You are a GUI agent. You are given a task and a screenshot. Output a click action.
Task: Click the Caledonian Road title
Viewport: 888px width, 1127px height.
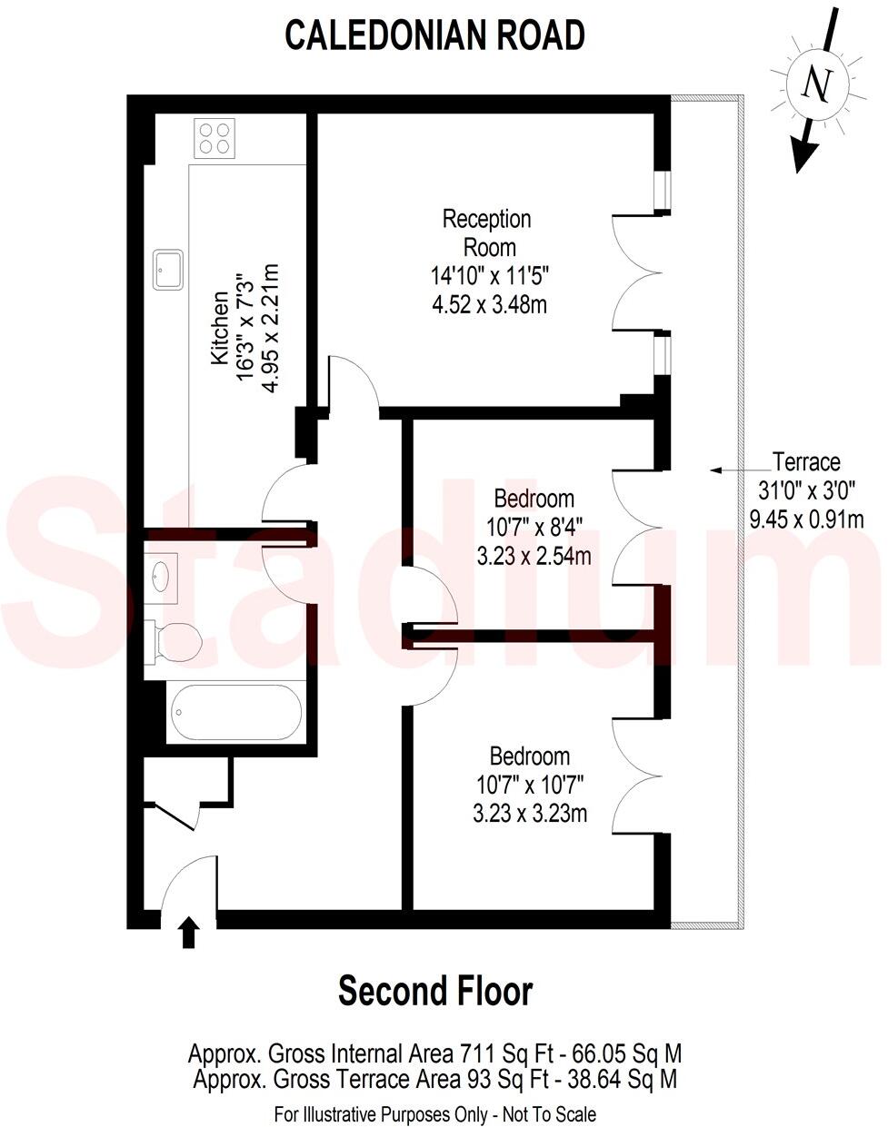tap(434, 35)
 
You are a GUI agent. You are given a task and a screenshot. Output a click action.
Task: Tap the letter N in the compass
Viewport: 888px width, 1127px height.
tap(817, 85)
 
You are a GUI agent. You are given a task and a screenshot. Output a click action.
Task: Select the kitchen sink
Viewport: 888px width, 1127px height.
tap(168, 269)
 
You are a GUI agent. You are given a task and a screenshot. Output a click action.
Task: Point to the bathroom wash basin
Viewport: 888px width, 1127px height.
tap(163, 576)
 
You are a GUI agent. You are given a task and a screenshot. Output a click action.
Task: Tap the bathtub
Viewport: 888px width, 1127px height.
tap(236, 713)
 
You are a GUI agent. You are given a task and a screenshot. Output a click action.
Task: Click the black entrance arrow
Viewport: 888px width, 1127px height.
tap(189, 932)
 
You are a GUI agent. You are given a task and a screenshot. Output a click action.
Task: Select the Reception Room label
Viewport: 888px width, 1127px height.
tap(488, 232)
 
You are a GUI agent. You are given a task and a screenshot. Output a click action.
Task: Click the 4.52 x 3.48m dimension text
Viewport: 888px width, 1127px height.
tap(489, 304)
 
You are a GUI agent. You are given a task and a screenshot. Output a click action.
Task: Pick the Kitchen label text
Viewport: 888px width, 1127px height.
tap(219, 329)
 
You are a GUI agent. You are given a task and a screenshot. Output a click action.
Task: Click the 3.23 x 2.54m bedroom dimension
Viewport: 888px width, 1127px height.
tap(534, 556)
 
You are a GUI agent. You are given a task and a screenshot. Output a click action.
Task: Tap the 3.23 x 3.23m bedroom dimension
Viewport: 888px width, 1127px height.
tap(529, 814)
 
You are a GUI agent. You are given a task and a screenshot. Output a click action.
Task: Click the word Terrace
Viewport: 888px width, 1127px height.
tap(805, 461)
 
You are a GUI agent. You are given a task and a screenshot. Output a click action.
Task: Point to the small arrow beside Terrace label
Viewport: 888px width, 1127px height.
tap(727, 470)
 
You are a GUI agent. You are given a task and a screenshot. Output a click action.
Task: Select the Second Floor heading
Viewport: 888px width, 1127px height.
tap(434, 991)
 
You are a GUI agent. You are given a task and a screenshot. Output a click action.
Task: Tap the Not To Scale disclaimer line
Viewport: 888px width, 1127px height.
tap(434, 1113)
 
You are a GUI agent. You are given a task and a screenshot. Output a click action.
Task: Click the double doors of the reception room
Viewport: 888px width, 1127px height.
tap(636, 272)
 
